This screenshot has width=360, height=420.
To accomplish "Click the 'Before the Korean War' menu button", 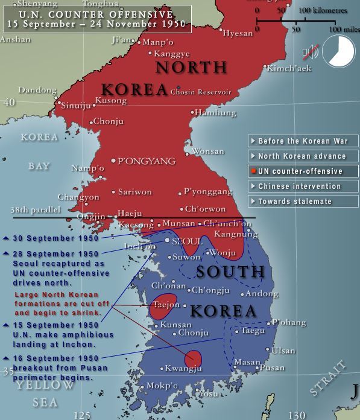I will point(303,141).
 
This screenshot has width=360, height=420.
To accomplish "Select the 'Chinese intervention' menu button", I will point(303,186).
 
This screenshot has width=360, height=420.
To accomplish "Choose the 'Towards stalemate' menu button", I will point(303,202).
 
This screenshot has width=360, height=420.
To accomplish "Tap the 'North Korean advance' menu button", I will point(303,156).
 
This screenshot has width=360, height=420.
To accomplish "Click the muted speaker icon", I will point(311,52).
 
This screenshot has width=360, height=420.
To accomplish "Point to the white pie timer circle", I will point(339,51).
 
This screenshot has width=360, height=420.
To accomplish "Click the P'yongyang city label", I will point(147,161).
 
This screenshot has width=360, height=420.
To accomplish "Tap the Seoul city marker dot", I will point(168,241).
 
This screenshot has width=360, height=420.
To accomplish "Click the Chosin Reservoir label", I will point(201,92).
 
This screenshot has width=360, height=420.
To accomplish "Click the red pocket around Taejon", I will point(164,305).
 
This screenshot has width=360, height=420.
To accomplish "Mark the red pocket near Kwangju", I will point(193,360).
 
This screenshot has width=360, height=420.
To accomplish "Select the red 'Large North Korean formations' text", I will point(62,304).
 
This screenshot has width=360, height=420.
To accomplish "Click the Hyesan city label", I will point(238,33).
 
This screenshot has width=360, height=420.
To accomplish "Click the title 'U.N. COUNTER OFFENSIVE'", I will point(96,14).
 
